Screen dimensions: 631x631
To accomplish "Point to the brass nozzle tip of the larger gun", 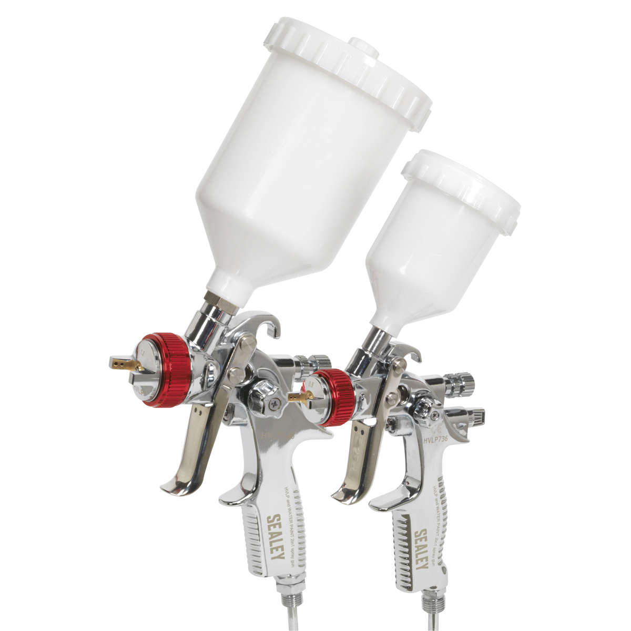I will [x=118, y=362].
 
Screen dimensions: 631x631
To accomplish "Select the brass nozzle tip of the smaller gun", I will [x=297, y=393].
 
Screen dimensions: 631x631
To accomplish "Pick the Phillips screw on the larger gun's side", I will [x=274, y=403].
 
